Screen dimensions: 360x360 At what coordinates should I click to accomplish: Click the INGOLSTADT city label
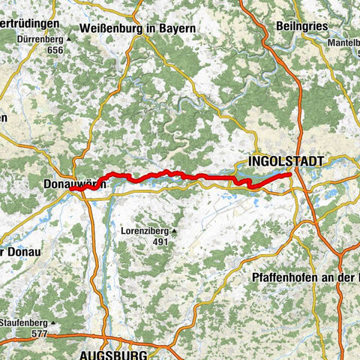pos(286,161)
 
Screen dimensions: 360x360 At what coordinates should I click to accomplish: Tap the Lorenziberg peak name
pos(144,232)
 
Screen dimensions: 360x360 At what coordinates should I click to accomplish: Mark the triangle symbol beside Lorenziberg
pos(174,232)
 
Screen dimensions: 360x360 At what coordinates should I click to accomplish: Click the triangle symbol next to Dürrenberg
pos(68,38)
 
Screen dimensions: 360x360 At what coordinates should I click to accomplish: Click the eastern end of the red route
pos(289,174)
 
